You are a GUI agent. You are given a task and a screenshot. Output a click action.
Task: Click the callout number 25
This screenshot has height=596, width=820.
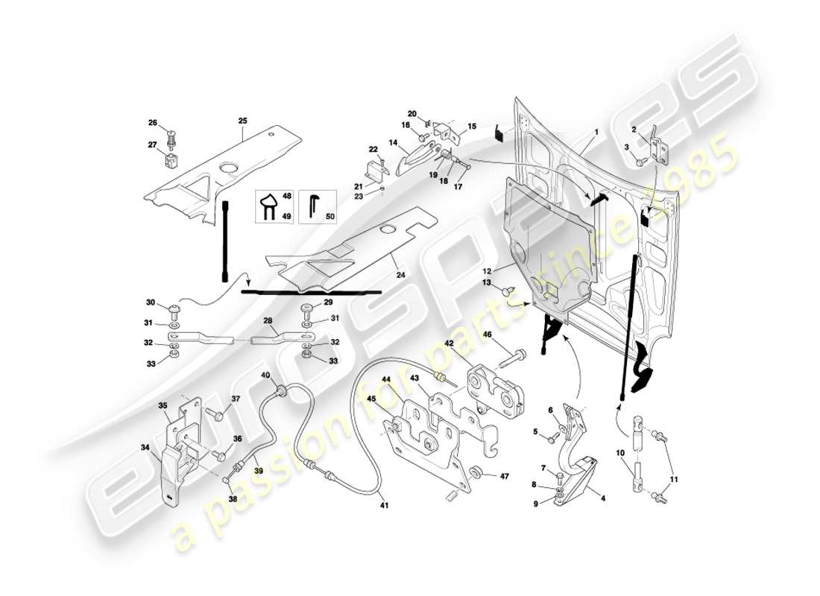pos(242,121)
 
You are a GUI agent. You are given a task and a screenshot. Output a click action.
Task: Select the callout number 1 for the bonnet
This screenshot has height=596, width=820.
pos(596,132)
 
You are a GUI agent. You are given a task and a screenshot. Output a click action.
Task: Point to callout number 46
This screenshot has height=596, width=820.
pos(488,337)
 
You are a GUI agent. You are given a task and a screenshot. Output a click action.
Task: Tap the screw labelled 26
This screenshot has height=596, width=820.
pos(172,137)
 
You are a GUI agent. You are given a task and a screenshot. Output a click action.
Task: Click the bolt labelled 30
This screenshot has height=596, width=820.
pos(176,308)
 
